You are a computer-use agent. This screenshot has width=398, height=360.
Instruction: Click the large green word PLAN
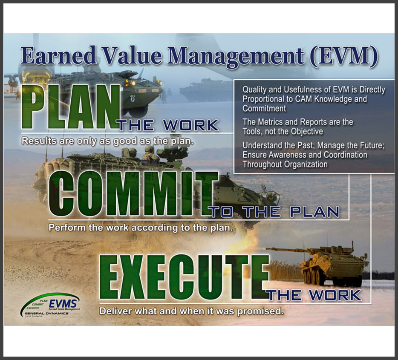coord(71,107)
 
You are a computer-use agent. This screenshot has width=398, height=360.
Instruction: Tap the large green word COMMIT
coord(133,193)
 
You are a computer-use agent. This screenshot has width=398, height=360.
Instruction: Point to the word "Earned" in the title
coord(59,55)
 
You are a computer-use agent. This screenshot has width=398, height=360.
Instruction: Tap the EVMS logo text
coord(63,304)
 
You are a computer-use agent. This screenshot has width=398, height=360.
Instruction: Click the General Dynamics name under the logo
coord(46,313)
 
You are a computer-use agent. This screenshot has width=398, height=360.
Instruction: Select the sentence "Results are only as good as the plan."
coord(107,141)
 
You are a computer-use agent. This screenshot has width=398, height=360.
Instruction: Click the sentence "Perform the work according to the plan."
coord(141,228)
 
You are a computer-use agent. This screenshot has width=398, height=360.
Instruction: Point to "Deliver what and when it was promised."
coord(191,311)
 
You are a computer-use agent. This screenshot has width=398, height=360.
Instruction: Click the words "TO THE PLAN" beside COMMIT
coord(275,212)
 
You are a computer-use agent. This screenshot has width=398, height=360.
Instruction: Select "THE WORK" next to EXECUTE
coord(315,296)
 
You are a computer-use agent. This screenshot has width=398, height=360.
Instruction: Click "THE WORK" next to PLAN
coord(168,125)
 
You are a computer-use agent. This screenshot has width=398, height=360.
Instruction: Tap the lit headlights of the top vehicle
coord(130,83)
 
